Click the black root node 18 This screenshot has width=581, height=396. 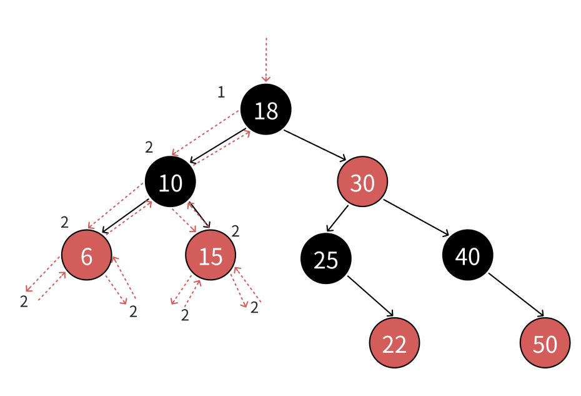[x=266, y=109]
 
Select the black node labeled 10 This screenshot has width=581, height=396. [x=171, y=182]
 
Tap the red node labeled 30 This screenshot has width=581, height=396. [x=363, y=182]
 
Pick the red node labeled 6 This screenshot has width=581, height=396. [x=87, y=255]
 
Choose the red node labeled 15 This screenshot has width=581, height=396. [x=211, y=255]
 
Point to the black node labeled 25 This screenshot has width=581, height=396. [x=326, y=258]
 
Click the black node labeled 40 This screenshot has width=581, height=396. [x=468, y=255]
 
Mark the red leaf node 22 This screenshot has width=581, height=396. [x=394, y=343]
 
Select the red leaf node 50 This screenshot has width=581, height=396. [x=545, y=343]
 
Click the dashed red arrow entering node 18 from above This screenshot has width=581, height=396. [x=266, y=59]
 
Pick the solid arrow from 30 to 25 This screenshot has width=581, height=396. [x=338, y=218]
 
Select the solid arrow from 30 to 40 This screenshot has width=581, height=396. [x=416, y=218]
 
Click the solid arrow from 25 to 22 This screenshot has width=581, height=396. [x=370, y=296]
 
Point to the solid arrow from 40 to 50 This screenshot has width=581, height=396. [x=517, y=297]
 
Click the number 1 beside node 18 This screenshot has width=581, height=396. [x=221, y=93]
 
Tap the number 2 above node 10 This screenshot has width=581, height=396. [x=149, y=148]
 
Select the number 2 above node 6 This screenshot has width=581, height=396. [x=64, y=222]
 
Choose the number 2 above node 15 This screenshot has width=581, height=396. [x=236, y=231]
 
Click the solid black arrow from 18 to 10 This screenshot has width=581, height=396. [x=218, y=146]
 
